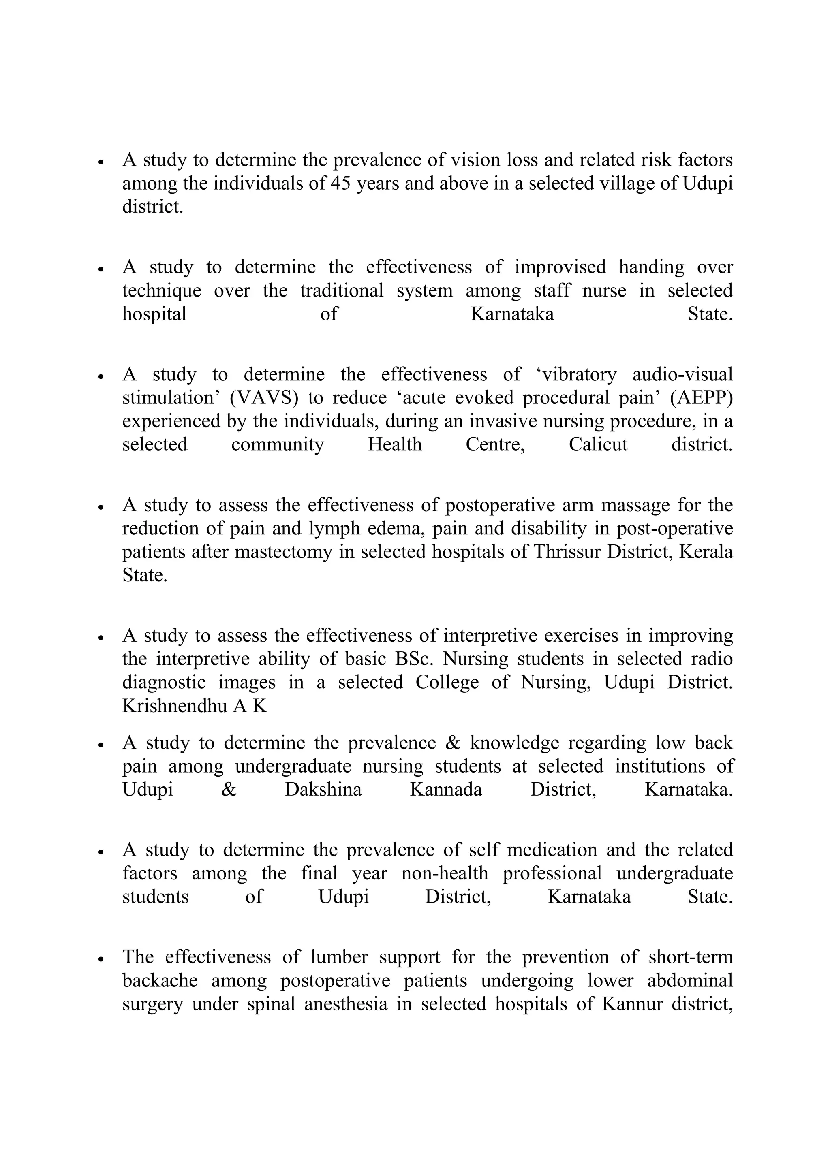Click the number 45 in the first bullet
click(340, 184)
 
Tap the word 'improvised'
click(559, 267)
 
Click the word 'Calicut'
click(598, 444)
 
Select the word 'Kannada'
click(446, 790)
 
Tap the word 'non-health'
click(445, 873)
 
